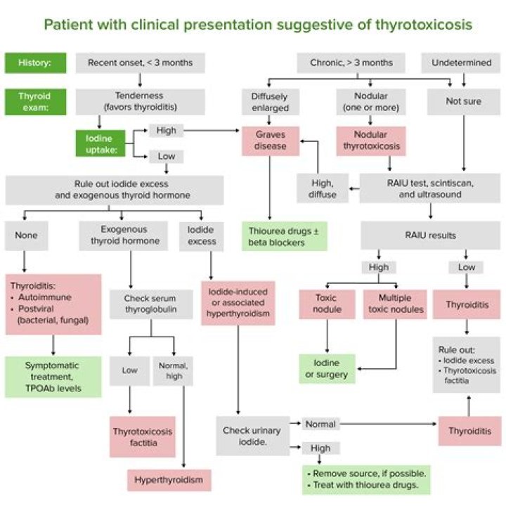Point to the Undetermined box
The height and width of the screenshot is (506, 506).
(461, 63)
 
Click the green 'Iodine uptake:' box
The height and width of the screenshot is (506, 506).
(99, 142)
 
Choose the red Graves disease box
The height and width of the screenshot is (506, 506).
(271, 141)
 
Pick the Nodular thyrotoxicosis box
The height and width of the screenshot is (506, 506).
(372, 141)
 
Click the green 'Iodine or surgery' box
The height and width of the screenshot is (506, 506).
(326, 368)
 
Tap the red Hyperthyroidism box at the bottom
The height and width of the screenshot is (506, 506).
(169, 480)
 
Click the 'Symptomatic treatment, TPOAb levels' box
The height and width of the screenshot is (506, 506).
(53, 377)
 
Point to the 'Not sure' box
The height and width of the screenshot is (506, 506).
(463, 100)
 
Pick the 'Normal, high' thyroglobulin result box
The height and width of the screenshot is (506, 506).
(172, 370)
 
